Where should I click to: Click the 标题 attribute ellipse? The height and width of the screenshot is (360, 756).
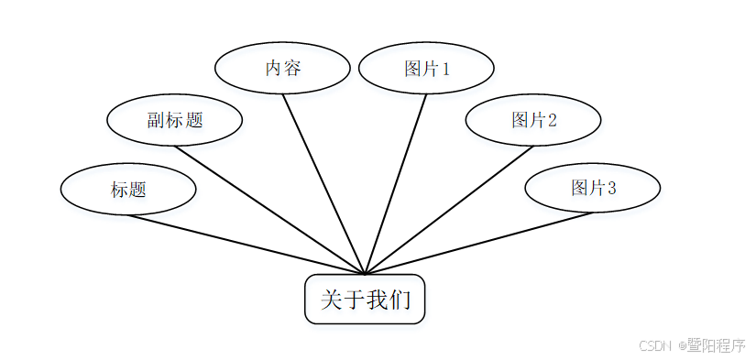click(x=128, y=190)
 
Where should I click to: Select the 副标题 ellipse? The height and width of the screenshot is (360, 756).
click(x=174, y=120)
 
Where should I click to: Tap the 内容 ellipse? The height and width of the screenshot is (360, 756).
click(x=282, y=68)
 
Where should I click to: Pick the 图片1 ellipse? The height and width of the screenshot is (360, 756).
click(x=426, y=68)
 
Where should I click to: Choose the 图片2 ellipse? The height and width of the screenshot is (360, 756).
click(x=533, y=120)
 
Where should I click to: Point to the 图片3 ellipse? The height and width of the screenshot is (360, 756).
click(x=592, y=188)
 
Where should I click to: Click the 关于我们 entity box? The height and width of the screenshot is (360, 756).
click(x=365, y=299)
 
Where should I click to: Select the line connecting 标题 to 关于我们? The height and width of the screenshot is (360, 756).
click(x=247, y=245)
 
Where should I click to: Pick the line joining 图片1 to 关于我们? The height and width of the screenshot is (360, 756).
click(x=396, y=183)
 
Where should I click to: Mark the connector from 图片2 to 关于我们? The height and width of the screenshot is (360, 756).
click(x=449, y=210)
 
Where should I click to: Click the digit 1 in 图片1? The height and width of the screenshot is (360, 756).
click(x=446, y=69)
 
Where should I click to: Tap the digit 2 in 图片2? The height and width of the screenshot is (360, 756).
click(x=553, y=120)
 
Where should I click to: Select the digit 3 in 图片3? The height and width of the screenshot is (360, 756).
click(x=611, y=188)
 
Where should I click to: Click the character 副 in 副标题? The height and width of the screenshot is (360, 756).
click(x=155, y=120)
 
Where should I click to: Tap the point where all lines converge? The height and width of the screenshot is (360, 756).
click(x=365, y=274)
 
